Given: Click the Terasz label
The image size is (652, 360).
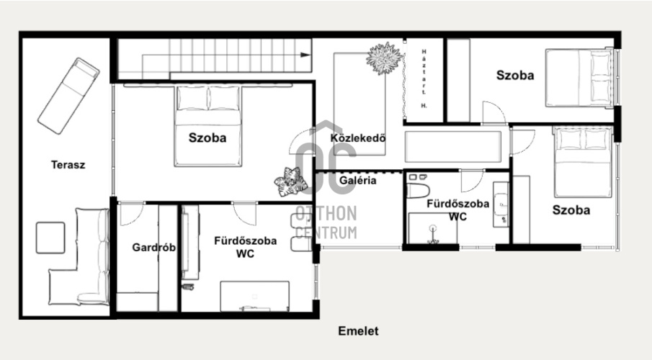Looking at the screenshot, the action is (68, 165).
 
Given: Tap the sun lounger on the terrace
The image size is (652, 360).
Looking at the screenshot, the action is (68, 96).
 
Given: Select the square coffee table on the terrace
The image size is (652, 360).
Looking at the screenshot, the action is (50, 238).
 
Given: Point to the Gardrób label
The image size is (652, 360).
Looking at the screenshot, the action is (154, 248).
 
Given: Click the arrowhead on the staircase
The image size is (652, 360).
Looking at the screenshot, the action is (305, 55).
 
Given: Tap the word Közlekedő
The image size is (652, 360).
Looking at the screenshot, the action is (358, 138).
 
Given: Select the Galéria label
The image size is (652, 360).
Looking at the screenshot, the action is (358, 181).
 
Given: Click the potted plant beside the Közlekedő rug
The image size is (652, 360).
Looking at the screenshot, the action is (385, 58).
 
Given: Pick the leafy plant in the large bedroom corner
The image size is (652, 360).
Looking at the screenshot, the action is (290, 181).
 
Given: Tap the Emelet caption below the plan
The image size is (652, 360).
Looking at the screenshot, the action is (359, 331).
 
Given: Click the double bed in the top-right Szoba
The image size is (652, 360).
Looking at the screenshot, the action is (579, 78).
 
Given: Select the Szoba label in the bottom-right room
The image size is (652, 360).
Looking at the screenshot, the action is (571, 210).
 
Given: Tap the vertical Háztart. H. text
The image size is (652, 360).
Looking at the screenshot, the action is (424, 78).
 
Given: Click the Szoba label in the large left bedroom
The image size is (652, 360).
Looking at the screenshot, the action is (207, 138).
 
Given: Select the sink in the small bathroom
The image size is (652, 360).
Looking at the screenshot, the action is (501, 204).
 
